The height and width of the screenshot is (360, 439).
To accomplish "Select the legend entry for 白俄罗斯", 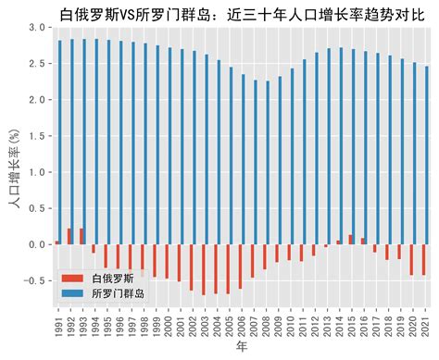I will [114, 278].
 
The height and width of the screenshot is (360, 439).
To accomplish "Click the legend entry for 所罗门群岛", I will [119, 292].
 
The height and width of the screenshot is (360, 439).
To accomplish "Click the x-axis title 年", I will [242, 347].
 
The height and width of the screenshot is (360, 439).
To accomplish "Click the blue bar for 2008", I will [267, 162].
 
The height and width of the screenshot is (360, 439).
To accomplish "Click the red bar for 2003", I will [203, 269].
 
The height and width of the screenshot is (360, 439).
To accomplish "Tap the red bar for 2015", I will [350, 239].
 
